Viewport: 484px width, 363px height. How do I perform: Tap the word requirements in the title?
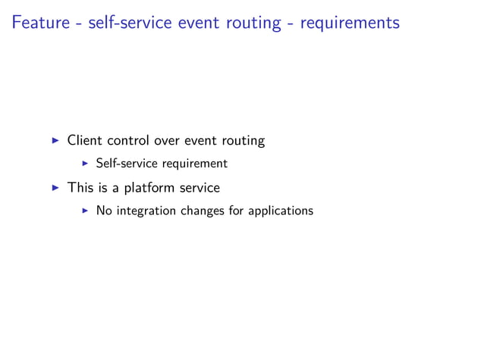pos(349,23)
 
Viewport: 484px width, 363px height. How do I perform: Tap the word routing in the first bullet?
pos(243,141)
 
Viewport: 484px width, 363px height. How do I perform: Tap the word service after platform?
pos(199,187)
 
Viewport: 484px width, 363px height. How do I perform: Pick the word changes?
pos(203,211)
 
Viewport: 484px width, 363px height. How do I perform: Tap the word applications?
pos(281,211)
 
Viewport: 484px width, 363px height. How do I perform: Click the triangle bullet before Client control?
pos(55,140)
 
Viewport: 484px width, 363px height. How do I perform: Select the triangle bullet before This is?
pos(55,187)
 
